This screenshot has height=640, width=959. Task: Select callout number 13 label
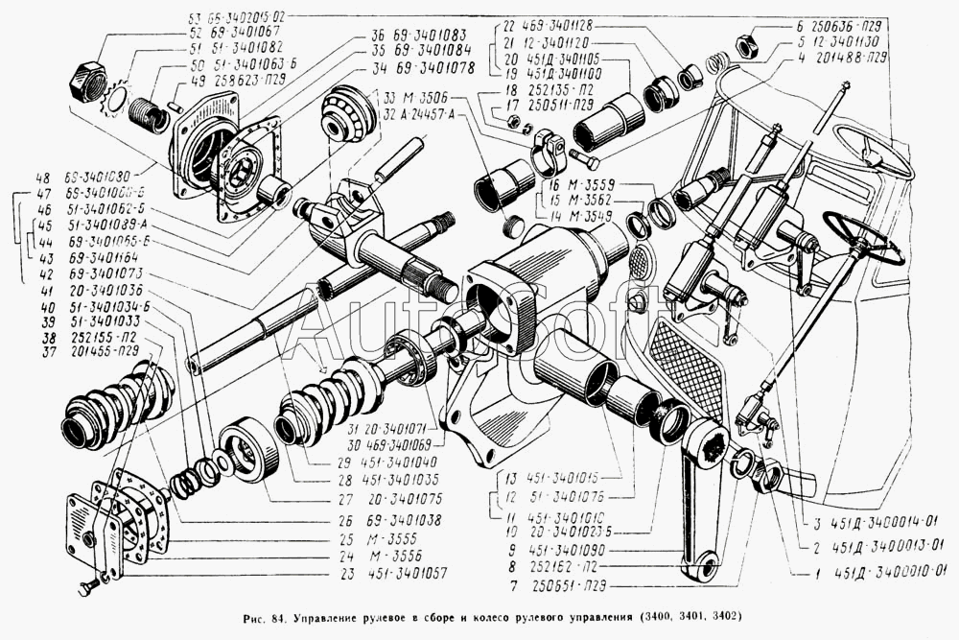[x=511, y=477]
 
